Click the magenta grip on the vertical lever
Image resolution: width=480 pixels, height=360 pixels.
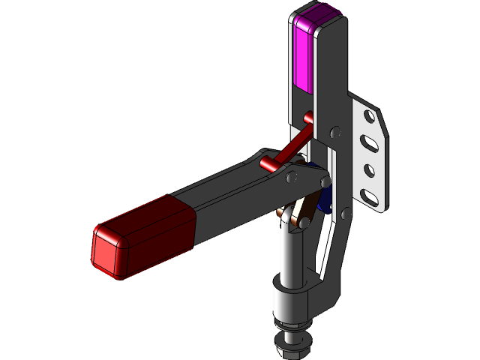point(306,56)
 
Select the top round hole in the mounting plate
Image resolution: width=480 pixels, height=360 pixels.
point(367,117)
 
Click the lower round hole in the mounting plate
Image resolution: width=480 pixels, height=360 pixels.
point(369,169)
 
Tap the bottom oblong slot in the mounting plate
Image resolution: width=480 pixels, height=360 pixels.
point(370,196)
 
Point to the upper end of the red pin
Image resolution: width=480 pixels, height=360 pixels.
point(308,118)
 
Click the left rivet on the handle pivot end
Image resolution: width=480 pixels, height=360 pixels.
point(293,178)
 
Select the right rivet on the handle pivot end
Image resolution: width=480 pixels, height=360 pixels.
point(323,182)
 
